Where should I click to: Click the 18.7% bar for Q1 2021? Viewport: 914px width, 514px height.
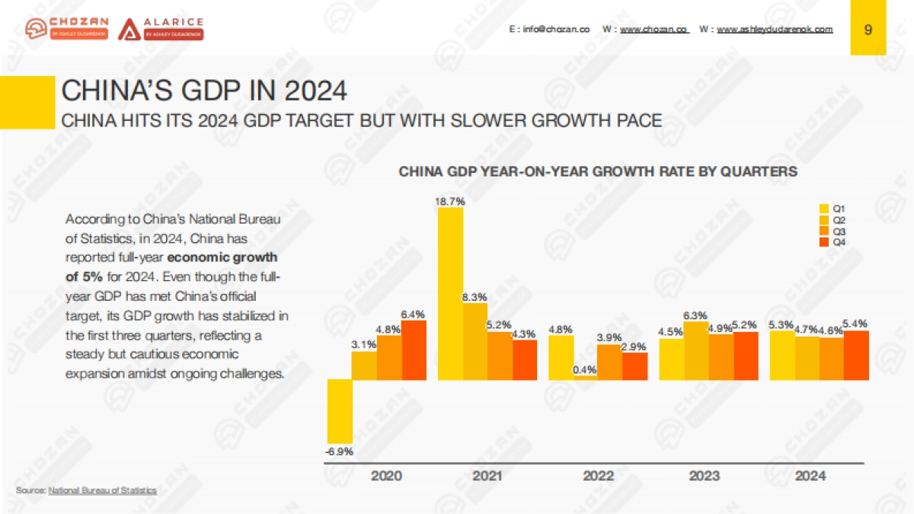(x=450, y=293)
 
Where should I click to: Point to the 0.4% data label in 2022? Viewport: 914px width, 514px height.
(x=585, y=370)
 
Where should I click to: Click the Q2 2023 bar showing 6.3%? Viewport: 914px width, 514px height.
(x=695, y=350)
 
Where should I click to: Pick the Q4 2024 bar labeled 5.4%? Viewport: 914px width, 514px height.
(x=855, y=355)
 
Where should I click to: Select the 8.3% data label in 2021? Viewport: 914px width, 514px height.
(x=475, y=297)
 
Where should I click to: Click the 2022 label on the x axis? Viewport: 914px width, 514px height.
(x=599, y=477)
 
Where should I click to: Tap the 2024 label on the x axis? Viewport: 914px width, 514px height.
(x=810, y=477)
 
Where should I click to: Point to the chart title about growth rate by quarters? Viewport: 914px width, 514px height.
(x=598, y=171)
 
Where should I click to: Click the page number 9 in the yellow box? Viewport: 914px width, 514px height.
(x=868, y=29)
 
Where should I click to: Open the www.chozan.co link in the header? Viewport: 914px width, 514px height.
(x=654, y=29)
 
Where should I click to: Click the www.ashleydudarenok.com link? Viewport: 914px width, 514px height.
(x=775, y=29)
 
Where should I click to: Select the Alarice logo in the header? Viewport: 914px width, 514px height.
(x=161, y=28)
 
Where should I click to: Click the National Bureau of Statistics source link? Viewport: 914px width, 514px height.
(x=102, y=490)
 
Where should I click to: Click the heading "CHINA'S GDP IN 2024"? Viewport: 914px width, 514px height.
(x=203, y=91)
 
